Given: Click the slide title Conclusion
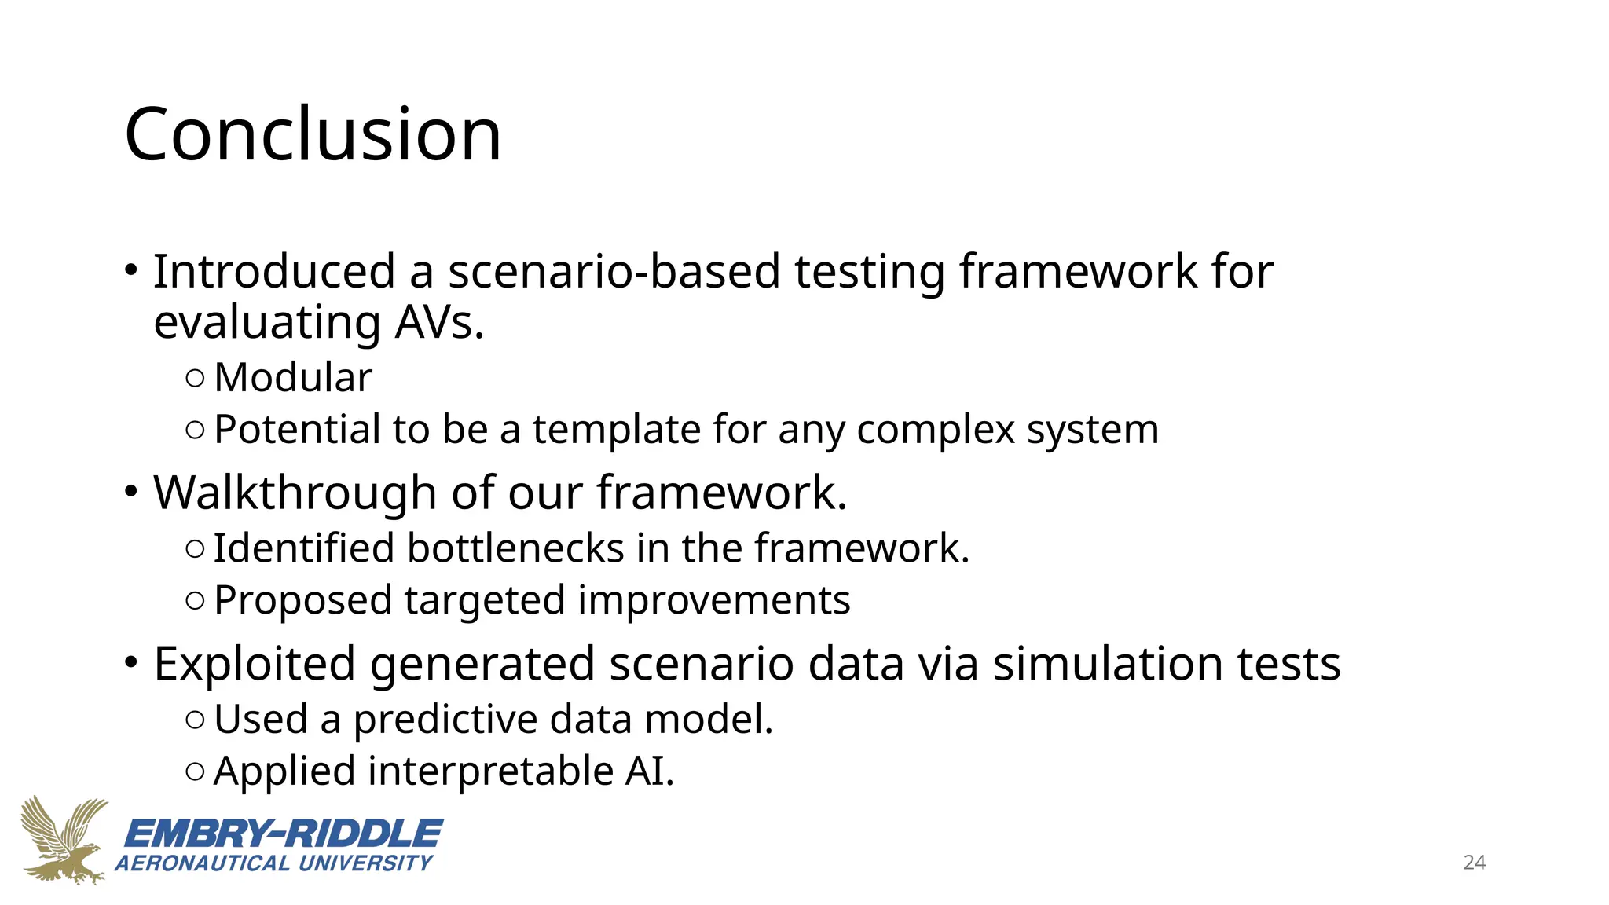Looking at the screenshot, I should (313, 135).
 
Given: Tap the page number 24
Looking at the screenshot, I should (1474, 863).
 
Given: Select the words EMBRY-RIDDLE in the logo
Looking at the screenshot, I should (284, 834).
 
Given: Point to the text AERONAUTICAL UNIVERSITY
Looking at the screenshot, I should (274, 863).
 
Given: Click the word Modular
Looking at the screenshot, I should (293, 378).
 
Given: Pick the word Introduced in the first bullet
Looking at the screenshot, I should (273, 272).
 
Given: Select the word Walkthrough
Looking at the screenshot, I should (295, 493).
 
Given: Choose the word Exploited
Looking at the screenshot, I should (255, 664).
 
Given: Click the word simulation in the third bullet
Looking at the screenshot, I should (1108, 664).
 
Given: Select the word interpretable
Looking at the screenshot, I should (490, 771).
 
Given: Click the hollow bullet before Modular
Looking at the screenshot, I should (196, 379).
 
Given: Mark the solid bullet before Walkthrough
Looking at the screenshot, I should (131, 493).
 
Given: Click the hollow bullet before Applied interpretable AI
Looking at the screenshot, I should (196, 771).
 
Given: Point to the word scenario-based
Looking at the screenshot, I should (614, 272).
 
